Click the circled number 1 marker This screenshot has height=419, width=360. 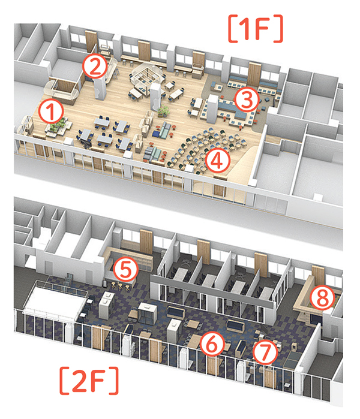point(51,111)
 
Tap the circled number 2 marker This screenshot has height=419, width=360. point(94,67)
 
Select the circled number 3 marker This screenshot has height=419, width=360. point(246,100)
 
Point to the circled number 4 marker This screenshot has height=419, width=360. point(218,161)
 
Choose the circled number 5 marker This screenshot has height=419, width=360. point(126,269)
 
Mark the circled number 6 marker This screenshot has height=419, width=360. point(212,344)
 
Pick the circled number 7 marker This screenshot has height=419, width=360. point(265,352)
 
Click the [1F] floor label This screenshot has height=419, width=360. point(256,29)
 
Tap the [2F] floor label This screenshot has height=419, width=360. point(89,381)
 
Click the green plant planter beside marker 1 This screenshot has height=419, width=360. point(58,126)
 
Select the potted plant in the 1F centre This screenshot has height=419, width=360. point(164,111)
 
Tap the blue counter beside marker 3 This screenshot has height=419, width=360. point(230,108)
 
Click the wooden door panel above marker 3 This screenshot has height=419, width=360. point(254,74)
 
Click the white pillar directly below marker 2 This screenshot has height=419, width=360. point(100,88)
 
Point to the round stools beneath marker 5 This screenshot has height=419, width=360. point(120,286)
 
